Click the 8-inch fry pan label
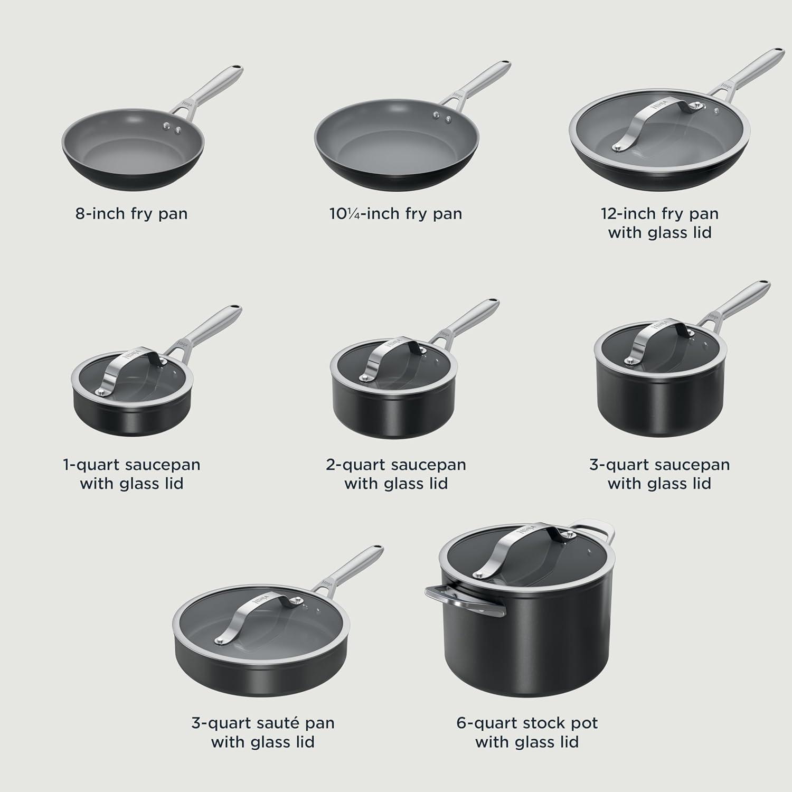(131, 214)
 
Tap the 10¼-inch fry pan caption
(395, 214)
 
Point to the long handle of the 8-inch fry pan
(211, 87)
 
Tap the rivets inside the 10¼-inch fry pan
(440, 116)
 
